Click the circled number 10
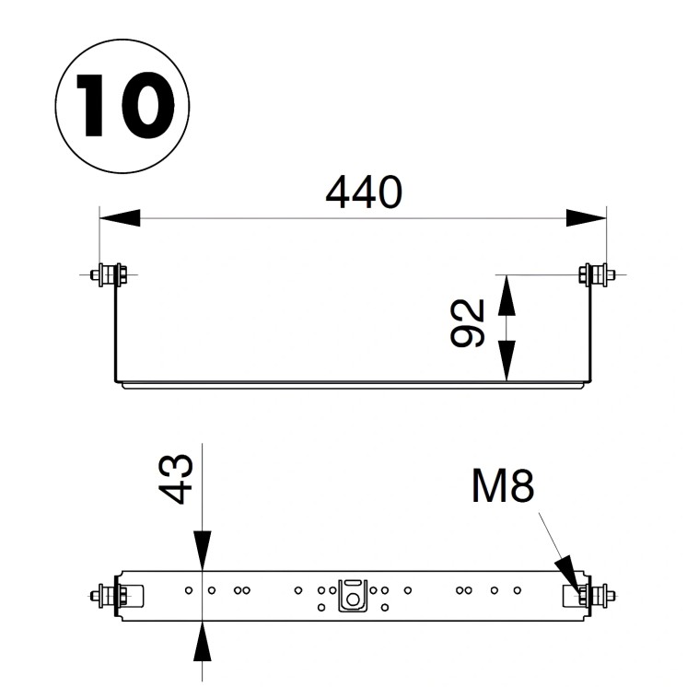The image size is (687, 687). click(123, 106)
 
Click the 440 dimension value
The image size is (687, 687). click(365, 192)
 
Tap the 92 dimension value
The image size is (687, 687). click(471, 323)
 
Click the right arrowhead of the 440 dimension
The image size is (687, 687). click(587, 218)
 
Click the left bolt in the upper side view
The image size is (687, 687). click(110, 274)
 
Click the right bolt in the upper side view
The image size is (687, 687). click(595, 274)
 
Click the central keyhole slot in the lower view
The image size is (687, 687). click(352, 595)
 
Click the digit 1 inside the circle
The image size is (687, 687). click(92, 106)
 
